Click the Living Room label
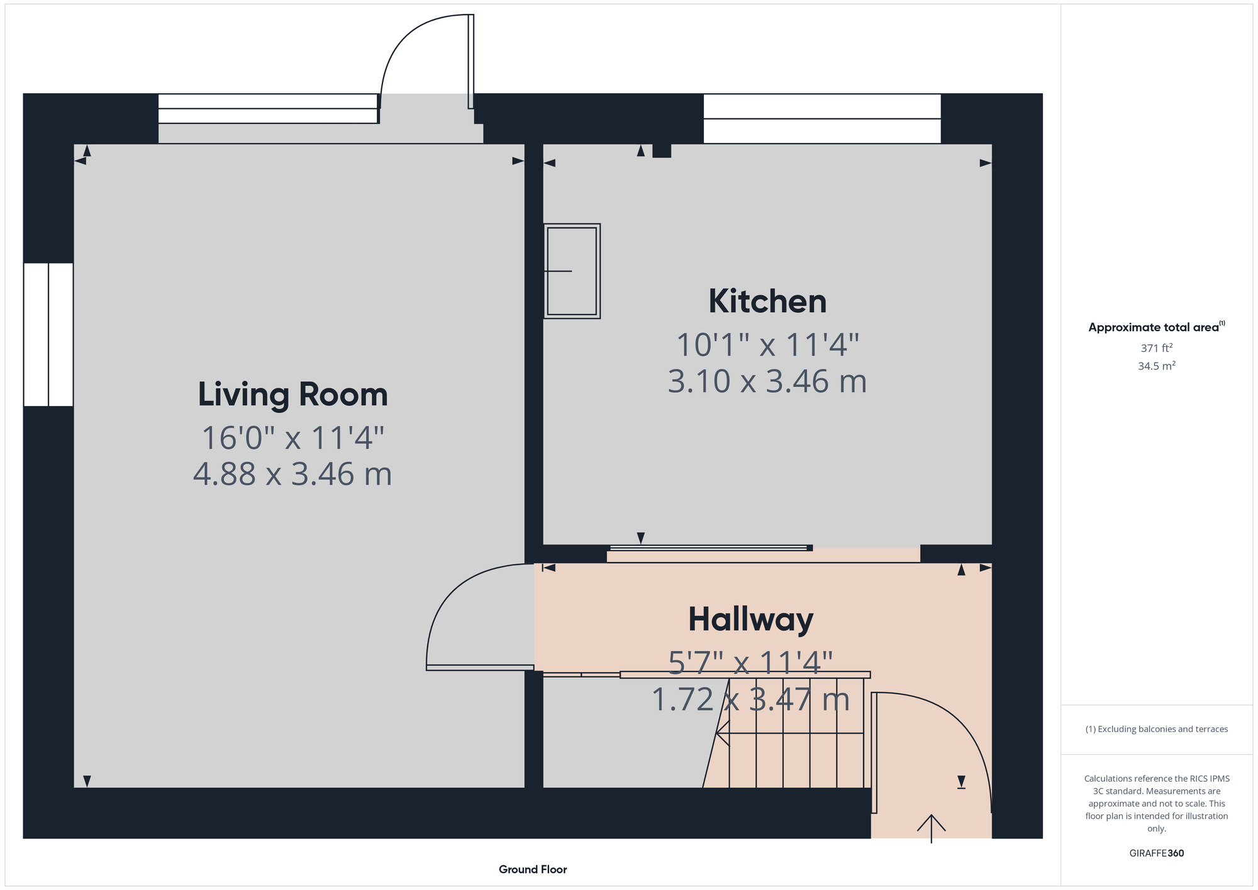click(292, 395)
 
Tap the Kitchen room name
click(767, 301)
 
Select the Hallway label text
click(751, 620)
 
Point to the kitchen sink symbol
click(572, 271)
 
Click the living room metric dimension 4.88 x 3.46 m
click(292, 474)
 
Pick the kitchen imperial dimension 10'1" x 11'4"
click(767, 344)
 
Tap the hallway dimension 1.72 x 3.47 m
click(750, 700)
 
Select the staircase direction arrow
click(789, 733)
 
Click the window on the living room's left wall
click(48, 334)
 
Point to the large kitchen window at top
click(822, 118)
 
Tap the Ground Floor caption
click(533, 869)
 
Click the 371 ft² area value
click(1157, 347)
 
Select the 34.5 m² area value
click(1157, 366)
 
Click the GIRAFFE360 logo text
click(1157, 853)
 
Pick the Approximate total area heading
click(1157, 327)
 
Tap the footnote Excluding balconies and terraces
click(1157, 729)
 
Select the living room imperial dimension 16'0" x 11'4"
click(292, 438)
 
